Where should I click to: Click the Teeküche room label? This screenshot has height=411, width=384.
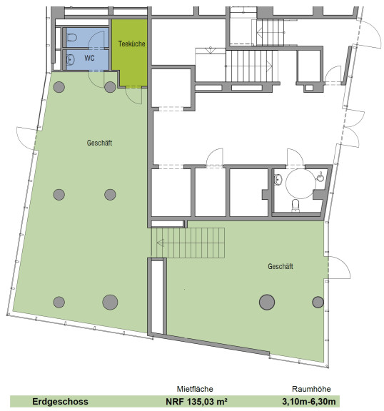pyautogui.click(x=131, y=44)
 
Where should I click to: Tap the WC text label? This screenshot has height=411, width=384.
pyautogui.click(x=89, y=58)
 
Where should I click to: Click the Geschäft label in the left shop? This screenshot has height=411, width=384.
pyautogui.click(x=99, y=143)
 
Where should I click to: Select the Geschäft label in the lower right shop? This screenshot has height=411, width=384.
pyautogui.click(x=281, y=266)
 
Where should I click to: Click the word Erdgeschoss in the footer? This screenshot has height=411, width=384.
pyautogui.click(x=60, y=402)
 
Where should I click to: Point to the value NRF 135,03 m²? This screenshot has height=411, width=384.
pyautogui.click(x=196, y=402)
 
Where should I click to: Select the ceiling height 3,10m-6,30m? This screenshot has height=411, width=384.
pyautogui.click(x=309, y=402)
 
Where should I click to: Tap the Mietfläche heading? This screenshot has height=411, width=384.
pyautogui.click(x=195, y=389)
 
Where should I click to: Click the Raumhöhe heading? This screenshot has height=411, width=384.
pyautogui.click(x=311, y=389)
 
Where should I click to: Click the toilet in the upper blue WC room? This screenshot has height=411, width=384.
pyautogui.click(x=71, y=38)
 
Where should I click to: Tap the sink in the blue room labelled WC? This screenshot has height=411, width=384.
pyautogui.click(x=71, y=60)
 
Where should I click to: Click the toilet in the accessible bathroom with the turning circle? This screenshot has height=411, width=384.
pyautogui.click(x=295, y=205)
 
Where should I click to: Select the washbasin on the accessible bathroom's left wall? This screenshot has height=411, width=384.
pyautogui.click(x=278, y=180)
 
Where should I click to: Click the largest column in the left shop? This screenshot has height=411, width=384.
pyautogui.click(x=110, y=302)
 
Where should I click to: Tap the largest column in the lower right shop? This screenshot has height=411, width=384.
pyautogui.click(x=267, y=302)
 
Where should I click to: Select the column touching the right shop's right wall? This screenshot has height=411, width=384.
pyautogui.click(x=318, y=302)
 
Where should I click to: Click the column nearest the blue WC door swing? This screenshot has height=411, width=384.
pyautogui.click(x=110, y=87)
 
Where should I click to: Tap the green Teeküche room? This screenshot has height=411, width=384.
pyautogui.click(x=130, y=52)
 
